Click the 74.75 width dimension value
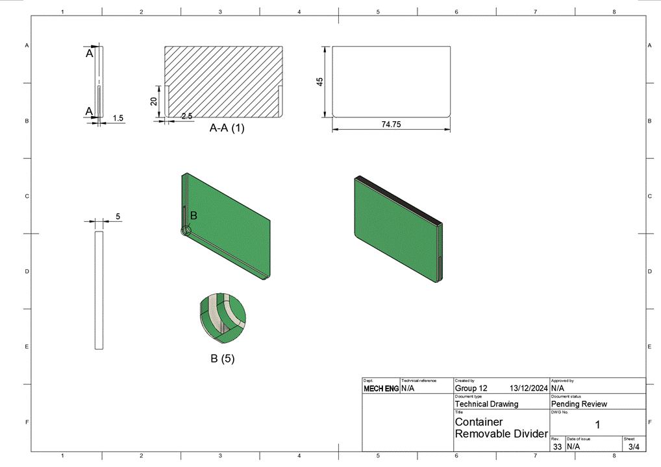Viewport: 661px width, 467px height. [391, 124]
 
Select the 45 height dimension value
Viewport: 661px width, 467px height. [319, 82]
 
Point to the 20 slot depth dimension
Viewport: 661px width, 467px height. [154, 101]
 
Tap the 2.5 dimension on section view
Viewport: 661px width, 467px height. [187, 116]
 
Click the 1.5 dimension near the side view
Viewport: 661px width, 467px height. [118, 118]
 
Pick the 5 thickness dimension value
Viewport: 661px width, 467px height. [118, 217]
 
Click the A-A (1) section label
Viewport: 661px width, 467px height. [227, 128]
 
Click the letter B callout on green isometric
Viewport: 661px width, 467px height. [193, 215]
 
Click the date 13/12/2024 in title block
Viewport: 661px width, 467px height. [529, 388]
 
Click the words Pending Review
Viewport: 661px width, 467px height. [579, 404]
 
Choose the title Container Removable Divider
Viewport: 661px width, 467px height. [501, 427]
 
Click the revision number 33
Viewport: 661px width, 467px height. [557, 447]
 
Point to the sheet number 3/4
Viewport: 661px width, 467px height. [634, 447]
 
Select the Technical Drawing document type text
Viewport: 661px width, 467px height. [486, 404]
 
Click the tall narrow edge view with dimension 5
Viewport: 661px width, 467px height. [99, 290]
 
